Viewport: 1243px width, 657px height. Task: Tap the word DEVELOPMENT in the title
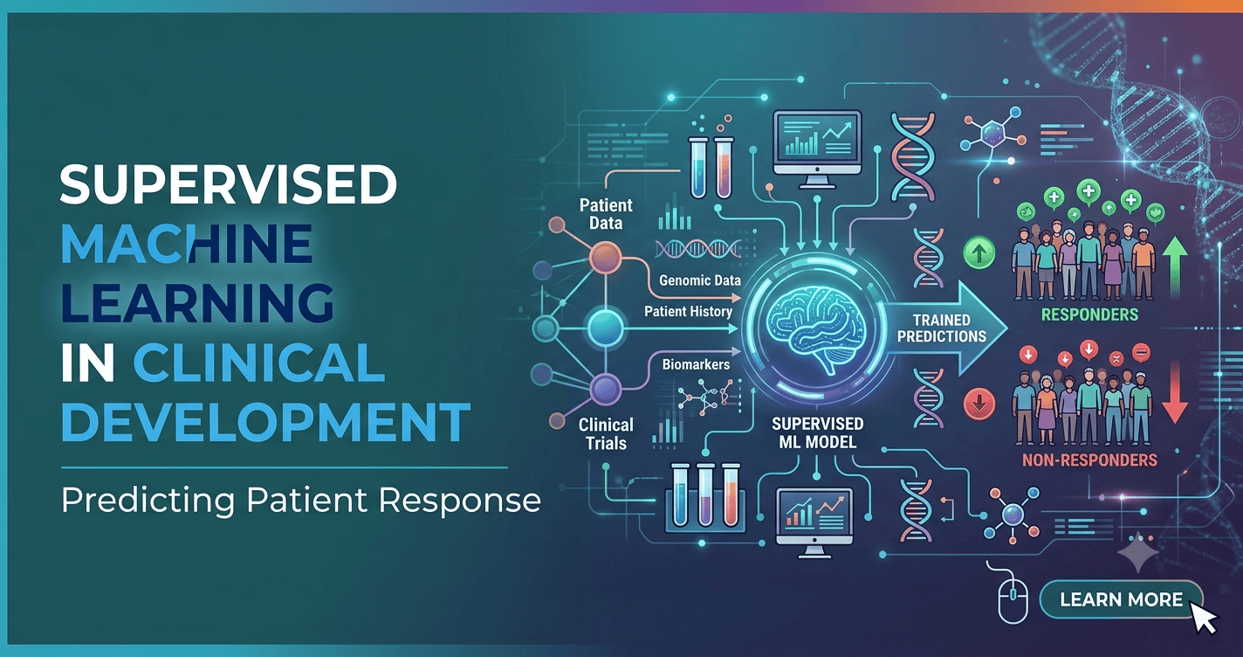(266, 422)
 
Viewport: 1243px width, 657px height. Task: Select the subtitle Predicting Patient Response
(301, 500)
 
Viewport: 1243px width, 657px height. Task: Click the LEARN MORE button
(1121, 599)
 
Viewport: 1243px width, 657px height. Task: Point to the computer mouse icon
(1013, 601)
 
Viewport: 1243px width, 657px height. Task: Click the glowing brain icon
(818, 328)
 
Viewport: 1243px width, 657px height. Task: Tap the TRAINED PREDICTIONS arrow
(944, 328)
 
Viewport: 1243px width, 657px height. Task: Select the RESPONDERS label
(1089, 315)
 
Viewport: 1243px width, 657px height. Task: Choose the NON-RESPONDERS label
(1089, 460)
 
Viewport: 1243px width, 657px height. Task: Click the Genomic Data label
(700, 280)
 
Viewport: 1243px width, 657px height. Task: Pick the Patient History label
(688, 312)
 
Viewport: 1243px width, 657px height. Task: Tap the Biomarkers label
(696, 365)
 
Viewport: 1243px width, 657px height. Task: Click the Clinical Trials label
(606, 434)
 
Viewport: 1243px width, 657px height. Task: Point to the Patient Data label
(606, 214)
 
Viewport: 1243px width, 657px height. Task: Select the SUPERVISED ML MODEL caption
(817, 432)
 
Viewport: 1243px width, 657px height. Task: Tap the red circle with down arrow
(979, 403)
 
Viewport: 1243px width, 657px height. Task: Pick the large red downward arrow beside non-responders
(1175, 392)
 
